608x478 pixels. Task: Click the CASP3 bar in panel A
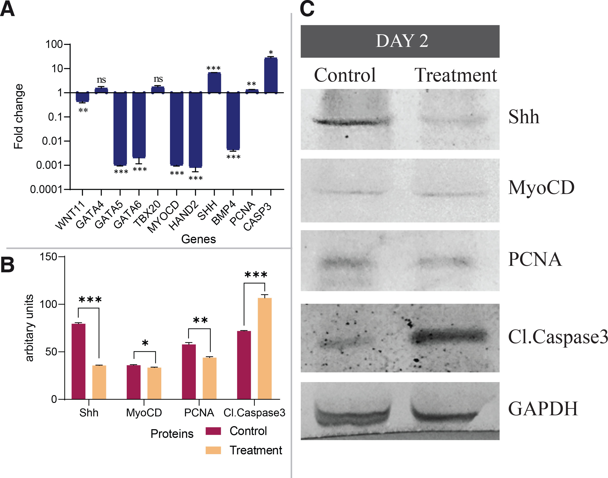click(271, 75)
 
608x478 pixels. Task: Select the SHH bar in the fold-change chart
click(214, 82)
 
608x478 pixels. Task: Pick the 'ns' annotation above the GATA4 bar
click(101, 80)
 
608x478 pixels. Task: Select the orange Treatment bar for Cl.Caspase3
click(265, 348)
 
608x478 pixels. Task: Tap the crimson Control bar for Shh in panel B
click(78, 361)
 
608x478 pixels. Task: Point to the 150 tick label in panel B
click(48, 257)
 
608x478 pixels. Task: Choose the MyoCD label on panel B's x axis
click(144, 412)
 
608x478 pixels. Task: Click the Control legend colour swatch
click(213, 431)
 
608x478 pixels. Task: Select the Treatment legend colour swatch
click(213, 450)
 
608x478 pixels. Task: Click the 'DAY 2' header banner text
click(402, 41)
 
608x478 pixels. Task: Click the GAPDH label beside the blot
click(543, 409)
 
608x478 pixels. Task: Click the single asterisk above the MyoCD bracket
click(145, 343)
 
